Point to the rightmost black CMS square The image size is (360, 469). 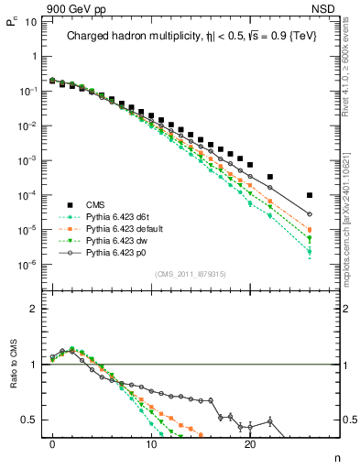click(310, 195)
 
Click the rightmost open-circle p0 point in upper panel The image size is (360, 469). click(310, 214)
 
